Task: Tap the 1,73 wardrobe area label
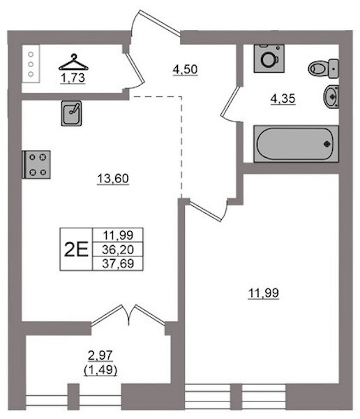73,78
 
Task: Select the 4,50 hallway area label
185,70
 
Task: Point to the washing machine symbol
269,59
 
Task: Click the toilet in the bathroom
324,68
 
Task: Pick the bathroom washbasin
331,96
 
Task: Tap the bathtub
296,144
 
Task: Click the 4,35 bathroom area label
283,99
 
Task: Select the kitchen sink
71,113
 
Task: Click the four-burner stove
36,164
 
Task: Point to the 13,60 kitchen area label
113,179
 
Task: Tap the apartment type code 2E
76,249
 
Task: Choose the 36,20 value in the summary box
118,249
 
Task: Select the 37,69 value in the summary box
118,263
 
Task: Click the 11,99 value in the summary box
118,235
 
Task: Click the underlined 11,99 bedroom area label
264,293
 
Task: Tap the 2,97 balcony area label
100,355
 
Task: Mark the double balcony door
128,315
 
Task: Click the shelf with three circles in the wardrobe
31,64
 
